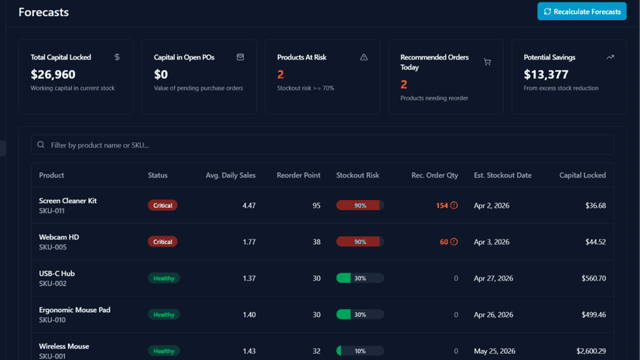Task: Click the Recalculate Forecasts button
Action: coord(581,12)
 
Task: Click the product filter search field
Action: coord(322,145)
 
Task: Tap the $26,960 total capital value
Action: coord(53,74)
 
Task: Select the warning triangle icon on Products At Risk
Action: coord(364,57)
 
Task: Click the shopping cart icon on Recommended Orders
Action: coord(488,62)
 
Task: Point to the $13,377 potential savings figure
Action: coord(546,74)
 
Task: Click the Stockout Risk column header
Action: coord(358,175)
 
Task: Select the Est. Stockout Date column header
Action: coord(502,175)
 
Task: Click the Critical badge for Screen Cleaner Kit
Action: coord(162,205)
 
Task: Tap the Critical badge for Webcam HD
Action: coord(162,242)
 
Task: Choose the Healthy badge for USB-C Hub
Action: coord(164,278)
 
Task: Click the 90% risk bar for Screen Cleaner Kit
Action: coord(360,205)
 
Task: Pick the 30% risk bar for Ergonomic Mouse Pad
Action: coord(360,314)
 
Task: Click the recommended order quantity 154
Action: coord(441,205)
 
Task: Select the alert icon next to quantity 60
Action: coord(454,242)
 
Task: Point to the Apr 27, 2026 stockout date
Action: coord(493,278)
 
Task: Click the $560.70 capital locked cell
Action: coord(594,278)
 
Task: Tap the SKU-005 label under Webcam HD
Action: coord(53,247)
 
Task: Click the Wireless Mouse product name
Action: coord(63,346)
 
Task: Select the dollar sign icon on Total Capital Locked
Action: coord(117,57)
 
